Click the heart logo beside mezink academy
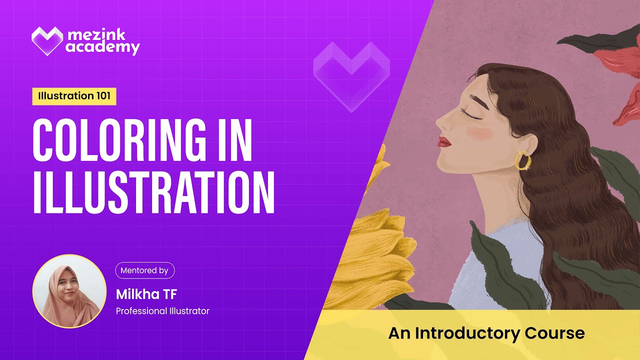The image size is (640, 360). point(47,41)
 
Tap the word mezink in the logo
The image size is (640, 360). point(95,34)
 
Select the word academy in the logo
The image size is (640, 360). point(102,48)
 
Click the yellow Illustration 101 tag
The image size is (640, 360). point(74,96)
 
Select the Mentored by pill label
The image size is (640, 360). point(144,270)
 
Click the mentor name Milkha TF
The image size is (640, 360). point(146,293)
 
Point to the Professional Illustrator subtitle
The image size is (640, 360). point(162,311)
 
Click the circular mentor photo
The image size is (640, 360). point(69,291)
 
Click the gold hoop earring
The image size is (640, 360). point(523,160)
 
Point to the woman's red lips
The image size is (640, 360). point(443,142)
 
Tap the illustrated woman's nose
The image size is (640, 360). point(440,123)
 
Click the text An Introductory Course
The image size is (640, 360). point(486,333)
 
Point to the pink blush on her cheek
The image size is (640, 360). point(477,132)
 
